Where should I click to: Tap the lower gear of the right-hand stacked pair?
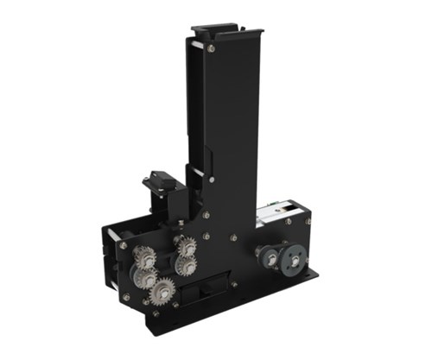pyautogui.click(x=186, y=265)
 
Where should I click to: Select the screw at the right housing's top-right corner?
pyautogui.click(x=308, y=221)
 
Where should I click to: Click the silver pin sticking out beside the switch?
pyautogui.click(x=145, y=182)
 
